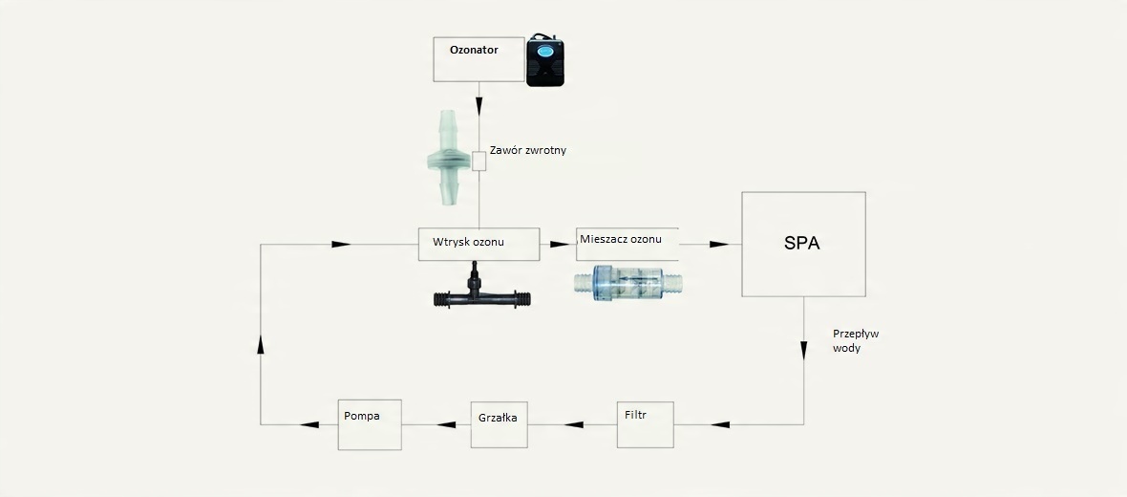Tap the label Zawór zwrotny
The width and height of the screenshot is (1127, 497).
[x=527, y=150]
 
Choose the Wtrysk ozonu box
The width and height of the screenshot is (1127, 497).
[x=478, y=244]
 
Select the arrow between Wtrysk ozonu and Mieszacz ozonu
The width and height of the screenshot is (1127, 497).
[x=556, y=244]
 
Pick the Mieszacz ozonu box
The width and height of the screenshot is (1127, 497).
[x=627, y=244]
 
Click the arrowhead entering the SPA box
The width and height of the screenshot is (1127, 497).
[x=720, y=244]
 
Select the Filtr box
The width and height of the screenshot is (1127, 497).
[x=646, y=424]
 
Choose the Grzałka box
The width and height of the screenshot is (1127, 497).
[x=500, y=424]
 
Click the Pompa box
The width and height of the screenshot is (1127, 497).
[x=370, y=424]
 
